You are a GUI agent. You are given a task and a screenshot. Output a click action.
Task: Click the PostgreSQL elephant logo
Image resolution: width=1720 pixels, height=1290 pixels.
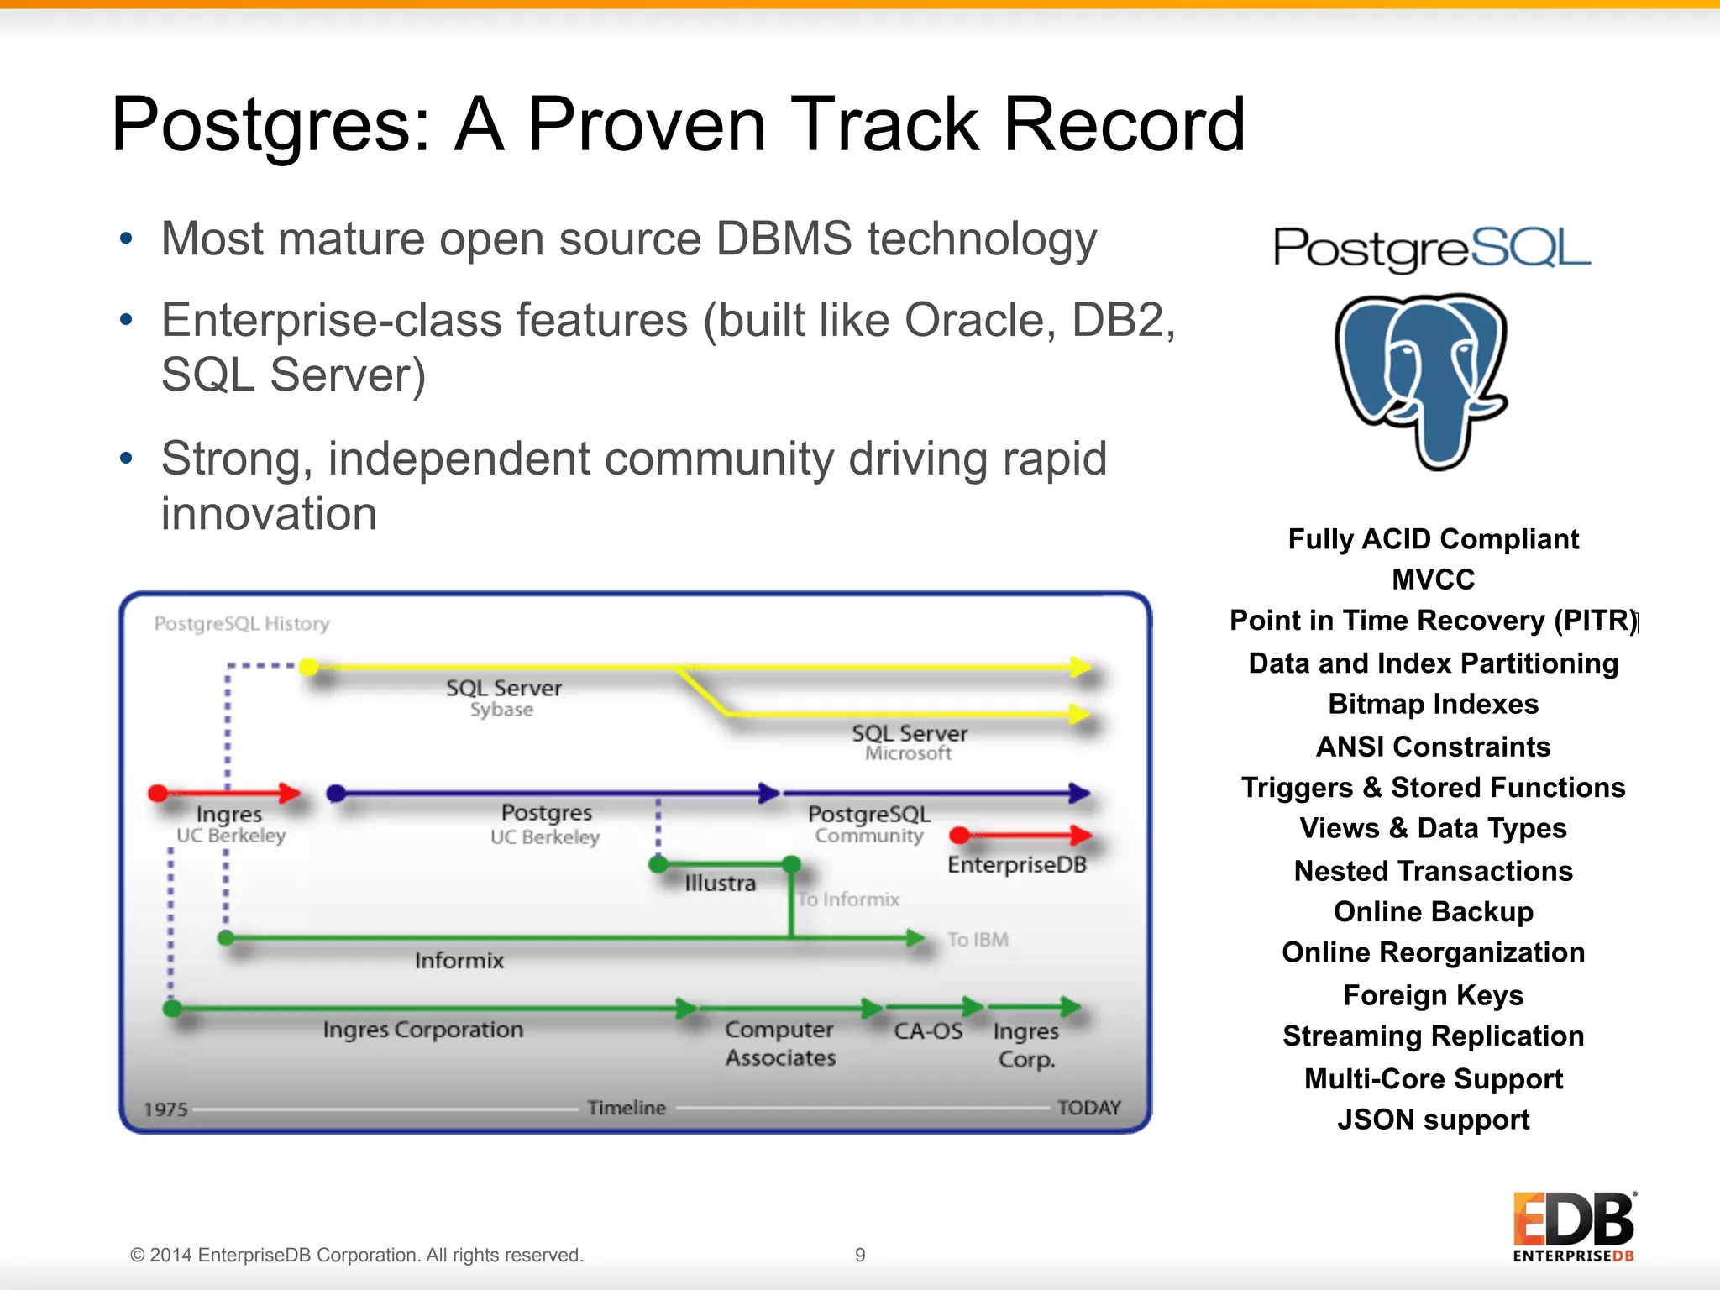point(1423,380)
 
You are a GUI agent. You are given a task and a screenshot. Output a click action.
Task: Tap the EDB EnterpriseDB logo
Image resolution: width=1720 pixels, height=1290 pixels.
point(1574,1226)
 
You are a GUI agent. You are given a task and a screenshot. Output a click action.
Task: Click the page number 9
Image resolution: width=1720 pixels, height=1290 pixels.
point(860,1255)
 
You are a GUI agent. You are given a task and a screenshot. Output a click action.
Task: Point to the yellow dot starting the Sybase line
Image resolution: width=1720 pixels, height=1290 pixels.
point(309,668)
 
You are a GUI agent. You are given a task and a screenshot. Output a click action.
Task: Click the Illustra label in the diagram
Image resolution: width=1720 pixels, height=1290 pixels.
point(720,884)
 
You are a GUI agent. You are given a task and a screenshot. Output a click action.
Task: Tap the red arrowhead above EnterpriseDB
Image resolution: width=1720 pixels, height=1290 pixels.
point(1081,835)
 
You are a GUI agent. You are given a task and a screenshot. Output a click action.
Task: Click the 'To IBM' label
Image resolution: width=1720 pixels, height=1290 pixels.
point(978,940)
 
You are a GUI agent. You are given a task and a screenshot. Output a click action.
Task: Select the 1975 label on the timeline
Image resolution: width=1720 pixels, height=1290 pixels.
point(165,1109)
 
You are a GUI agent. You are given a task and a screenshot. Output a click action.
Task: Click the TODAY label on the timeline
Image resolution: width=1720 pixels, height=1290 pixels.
point(1088,1108)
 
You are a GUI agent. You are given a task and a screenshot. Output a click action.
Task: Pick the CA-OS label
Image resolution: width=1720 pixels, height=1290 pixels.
point(928,1031)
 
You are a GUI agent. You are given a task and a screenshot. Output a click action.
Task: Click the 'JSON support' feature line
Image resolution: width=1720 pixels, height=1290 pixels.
point(1433,1120)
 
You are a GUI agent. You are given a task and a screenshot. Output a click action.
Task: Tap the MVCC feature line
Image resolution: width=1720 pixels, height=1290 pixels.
point(1433,579)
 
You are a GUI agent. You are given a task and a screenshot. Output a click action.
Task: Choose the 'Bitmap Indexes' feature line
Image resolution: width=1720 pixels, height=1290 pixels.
point(1433,704)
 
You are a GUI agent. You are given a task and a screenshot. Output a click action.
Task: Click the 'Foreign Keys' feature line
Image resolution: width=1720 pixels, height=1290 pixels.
point(1433,995)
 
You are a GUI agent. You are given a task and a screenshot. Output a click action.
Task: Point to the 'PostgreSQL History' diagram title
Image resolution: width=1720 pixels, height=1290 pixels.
point(242,624)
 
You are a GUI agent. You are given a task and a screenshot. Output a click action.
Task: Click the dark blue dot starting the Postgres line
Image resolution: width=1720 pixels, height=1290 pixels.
point(336,794)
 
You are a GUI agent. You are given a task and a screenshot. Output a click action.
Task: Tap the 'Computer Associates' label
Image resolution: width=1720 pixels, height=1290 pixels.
point(779,1044)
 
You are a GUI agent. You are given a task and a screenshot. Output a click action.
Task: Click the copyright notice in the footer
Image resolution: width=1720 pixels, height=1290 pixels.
point(356,1255)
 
